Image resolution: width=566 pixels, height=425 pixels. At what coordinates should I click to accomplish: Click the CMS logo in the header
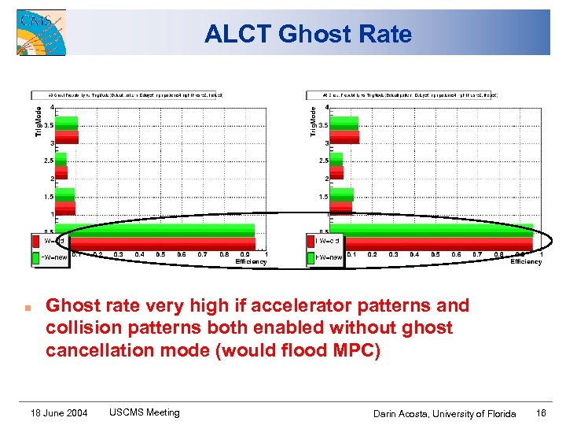pos(41,32)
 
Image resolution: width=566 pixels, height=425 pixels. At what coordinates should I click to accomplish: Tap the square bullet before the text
pos(27,307)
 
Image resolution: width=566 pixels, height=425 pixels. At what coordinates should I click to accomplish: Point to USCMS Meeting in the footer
pos(144,412)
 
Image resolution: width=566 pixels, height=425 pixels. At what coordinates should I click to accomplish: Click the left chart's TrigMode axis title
pos(38,122)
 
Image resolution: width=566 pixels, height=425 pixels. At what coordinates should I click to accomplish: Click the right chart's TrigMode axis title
pos(313,122)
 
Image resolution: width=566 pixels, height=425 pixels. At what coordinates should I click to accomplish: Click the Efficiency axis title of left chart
pos(251,262)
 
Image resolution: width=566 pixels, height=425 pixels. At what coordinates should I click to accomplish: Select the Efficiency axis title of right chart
pos(526,262)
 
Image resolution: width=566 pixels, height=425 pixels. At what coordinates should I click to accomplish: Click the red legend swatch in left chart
pos(36,241)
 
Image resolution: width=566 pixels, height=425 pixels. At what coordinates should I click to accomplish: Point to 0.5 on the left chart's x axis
pos(160,254)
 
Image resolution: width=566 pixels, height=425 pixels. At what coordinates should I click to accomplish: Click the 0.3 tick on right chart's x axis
pos(393,254)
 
